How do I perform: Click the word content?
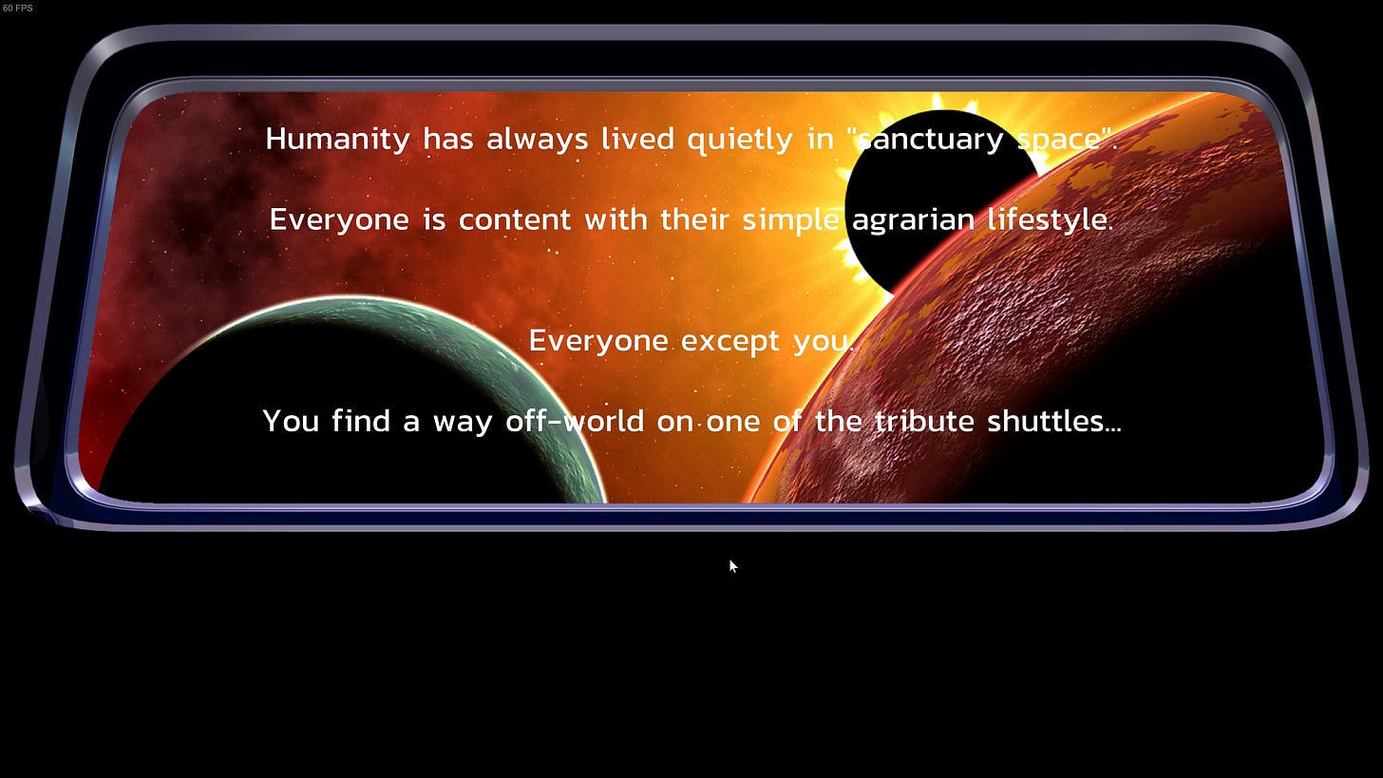514,219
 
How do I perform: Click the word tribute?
924,421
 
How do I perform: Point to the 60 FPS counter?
17,8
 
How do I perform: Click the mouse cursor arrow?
733,566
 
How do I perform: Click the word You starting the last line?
291,421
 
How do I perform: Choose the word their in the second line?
694,219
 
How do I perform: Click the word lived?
637,139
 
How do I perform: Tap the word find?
361,421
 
